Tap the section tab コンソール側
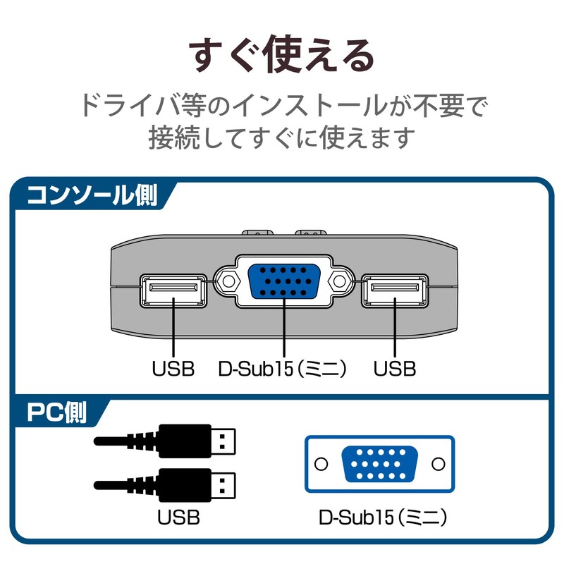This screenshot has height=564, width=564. pyautogui.click(x=92, y=195)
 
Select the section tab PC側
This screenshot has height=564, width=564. pyautogui.click(x=56, y=413)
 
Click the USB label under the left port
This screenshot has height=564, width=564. pyautogui.click(x=173, y=368)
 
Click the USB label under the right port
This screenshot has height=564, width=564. pyautogui.click(x=395, y=368)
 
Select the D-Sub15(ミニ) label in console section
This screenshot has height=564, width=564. pyautogui.click(x=283, y=368)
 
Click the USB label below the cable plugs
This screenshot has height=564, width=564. pyautogui.click(x=178, y=518)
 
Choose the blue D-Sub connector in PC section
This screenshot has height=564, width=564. pyautogui.click(x=379, y=464)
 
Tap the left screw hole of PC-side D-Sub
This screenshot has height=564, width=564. pyautogui.click(x=322, y=464)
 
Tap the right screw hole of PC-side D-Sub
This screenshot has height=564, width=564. pyautogui.click(x=437, y=464)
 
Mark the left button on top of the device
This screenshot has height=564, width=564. pyautogui.click(x=257, y=231)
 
